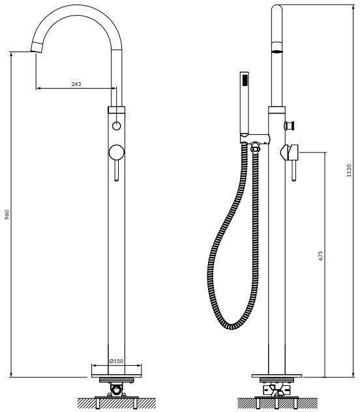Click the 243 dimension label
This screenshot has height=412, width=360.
(x=76, y=84)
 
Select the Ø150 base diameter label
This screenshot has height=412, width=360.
(x=116, y=361)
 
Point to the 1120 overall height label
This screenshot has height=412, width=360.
(x=349, y=170)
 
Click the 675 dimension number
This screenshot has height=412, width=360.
(x=320, y=256)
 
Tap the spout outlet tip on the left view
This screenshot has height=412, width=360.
(x=37, y=48)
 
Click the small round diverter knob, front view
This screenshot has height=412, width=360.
(x=116, y=126)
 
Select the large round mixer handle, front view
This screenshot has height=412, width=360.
(x=116, y=153)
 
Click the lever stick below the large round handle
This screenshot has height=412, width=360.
(x=117, y=171)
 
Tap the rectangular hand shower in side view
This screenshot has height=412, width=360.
(x=245, y=102)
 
